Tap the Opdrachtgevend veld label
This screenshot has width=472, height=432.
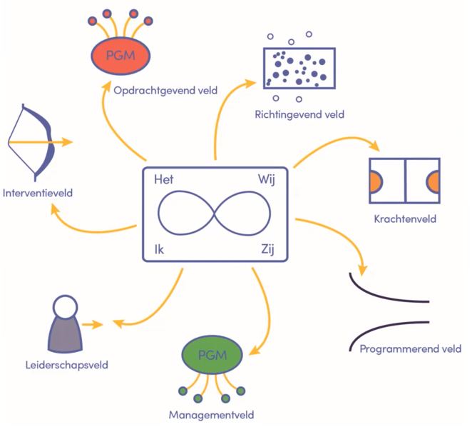165,90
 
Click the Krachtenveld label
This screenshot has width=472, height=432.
404,218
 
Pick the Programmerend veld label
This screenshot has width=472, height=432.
411,348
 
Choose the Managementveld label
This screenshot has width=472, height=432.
212,414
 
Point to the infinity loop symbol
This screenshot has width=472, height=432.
215,214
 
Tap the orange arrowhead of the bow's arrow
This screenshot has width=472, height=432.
67,142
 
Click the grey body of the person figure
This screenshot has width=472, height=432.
65,335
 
